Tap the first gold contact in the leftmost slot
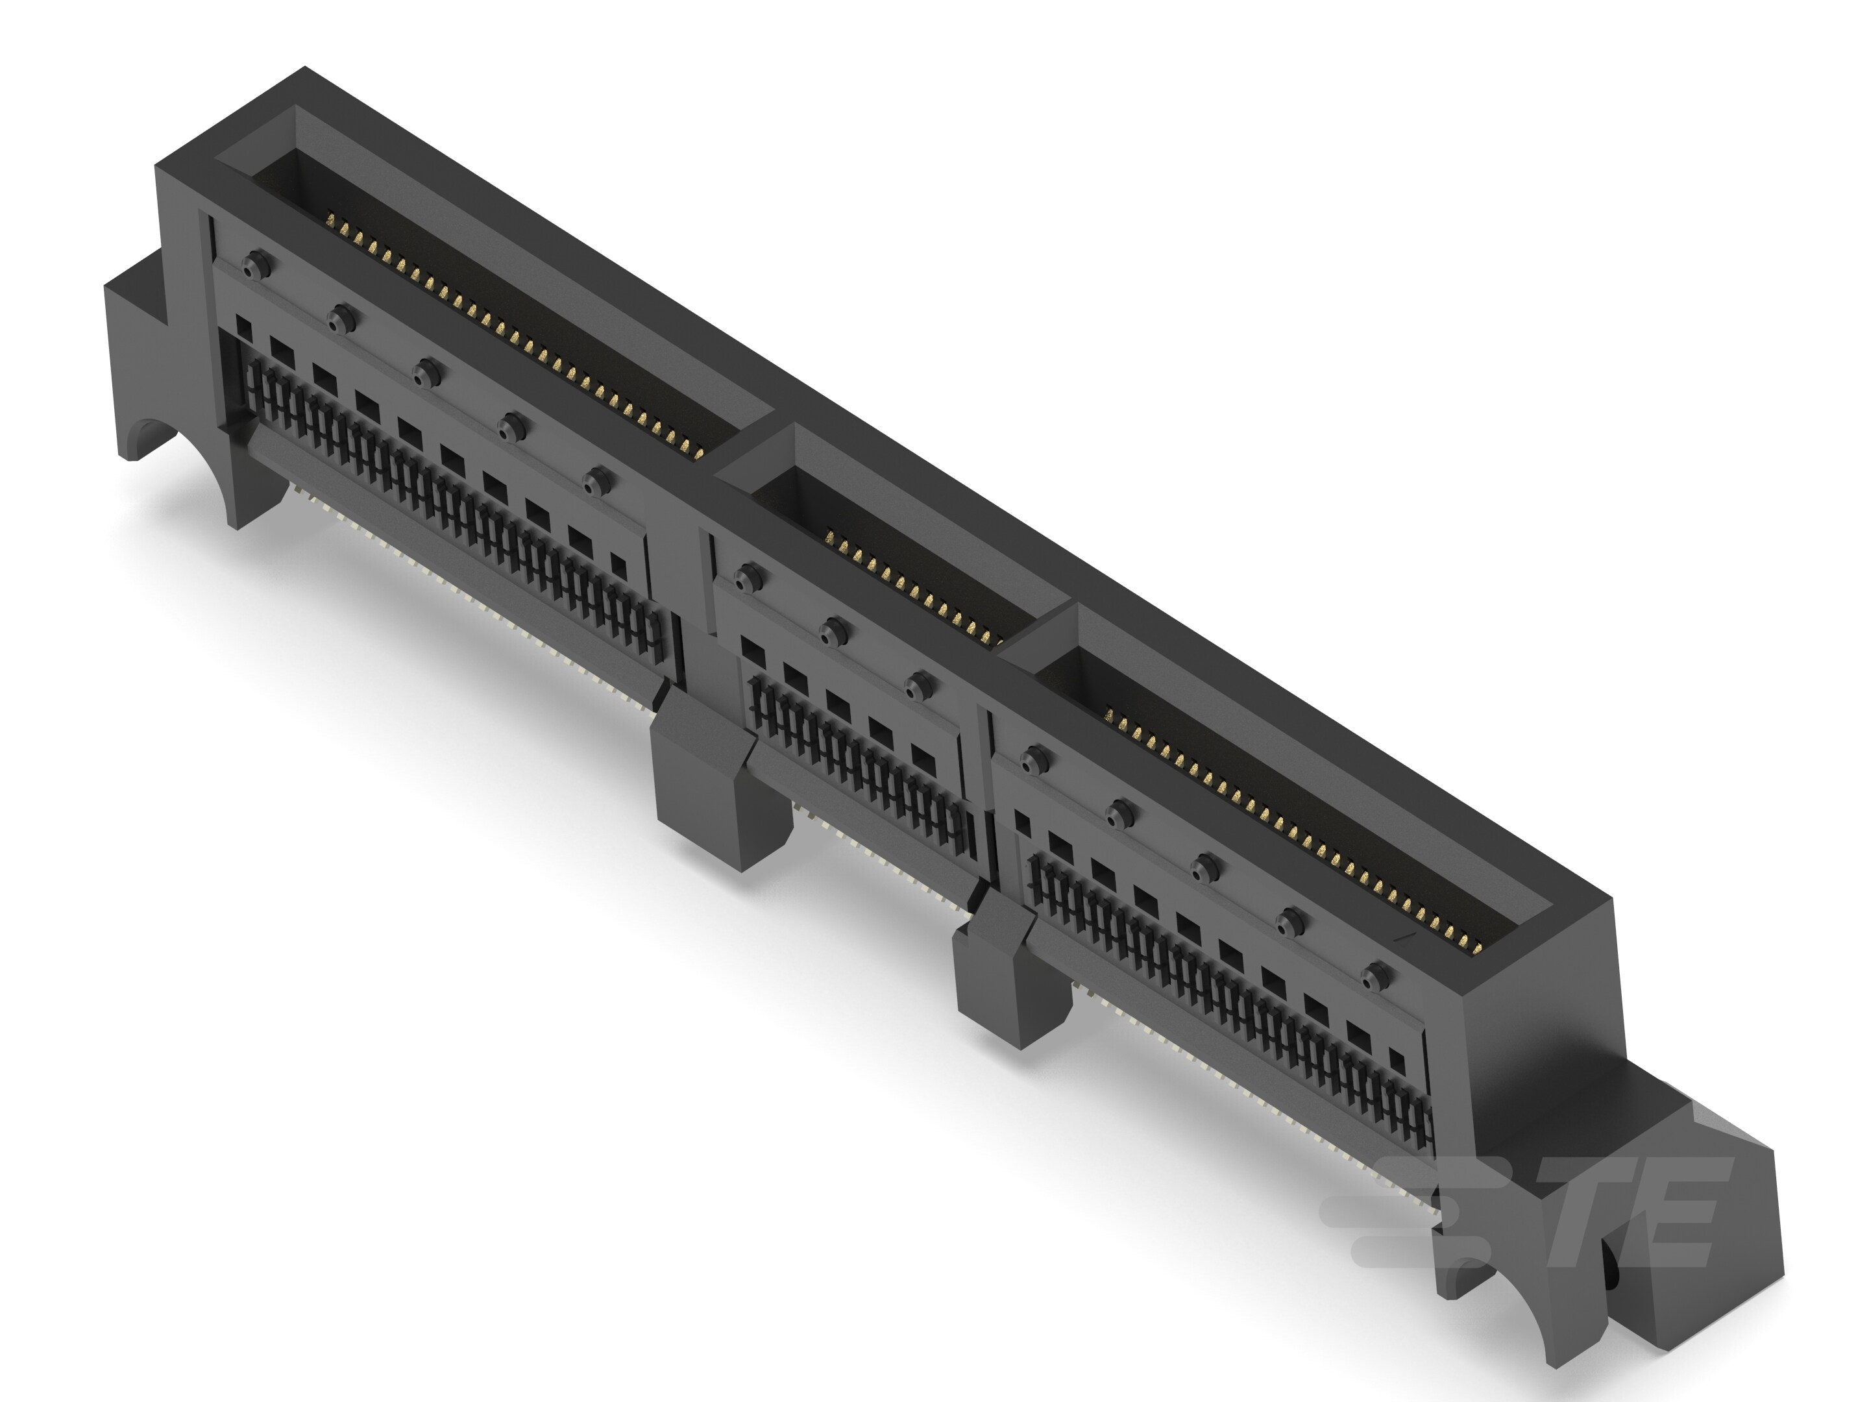(x=331, y=222)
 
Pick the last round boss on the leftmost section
(x=598, y=482)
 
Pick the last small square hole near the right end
(x=1397, y=1061)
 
